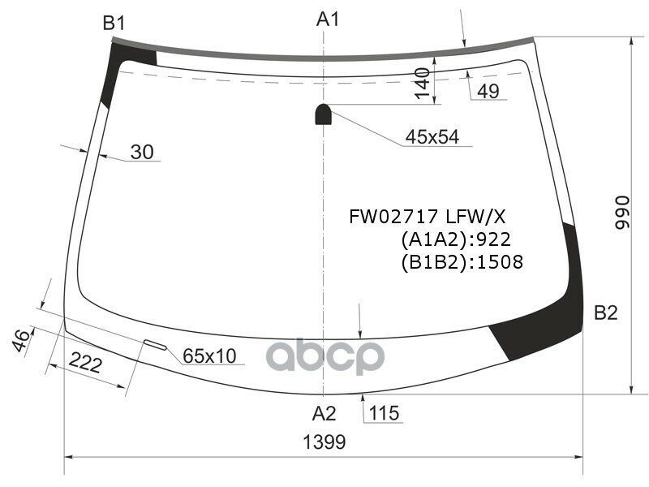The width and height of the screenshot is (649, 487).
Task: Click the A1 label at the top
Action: click(x=327, y=19)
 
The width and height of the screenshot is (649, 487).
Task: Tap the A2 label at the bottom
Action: click(x=324, y=413)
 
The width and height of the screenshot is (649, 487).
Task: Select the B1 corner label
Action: click(x=114, y=24)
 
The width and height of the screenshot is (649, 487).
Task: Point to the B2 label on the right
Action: click(x=606, y=312)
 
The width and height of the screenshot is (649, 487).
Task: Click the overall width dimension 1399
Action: click(x=324, y=442)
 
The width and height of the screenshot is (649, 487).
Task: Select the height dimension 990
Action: click(x=622, y=213)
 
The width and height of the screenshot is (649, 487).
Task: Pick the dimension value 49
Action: click(x=488, y=92)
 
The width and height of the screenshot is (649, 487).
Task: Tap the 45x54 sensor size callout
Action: click(x=432, y=137)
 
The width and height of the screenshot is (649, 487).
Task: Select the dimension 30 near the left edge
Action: click(x=141, y=152)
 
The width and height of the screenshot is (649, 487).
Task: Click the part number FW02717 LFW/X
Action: click(x=427, y=217)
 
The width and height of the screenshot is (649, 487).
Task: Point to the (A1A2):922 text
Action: click(x=454, y=239)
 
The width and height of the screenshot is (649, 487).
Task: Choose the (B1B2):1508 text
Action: click(x=461, y=262)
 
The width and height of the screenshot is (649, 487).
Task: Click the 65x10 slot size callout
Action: click(x=208, y=356)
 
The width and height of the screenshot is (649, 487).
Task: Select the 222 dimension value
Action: click(x=84, y=364)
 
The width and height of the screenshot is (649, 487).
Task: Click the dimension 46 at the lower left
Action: click(x=22, y=340)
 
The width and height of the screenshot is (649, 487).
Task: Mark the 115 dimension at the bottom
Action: click(x=384, y=413)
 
